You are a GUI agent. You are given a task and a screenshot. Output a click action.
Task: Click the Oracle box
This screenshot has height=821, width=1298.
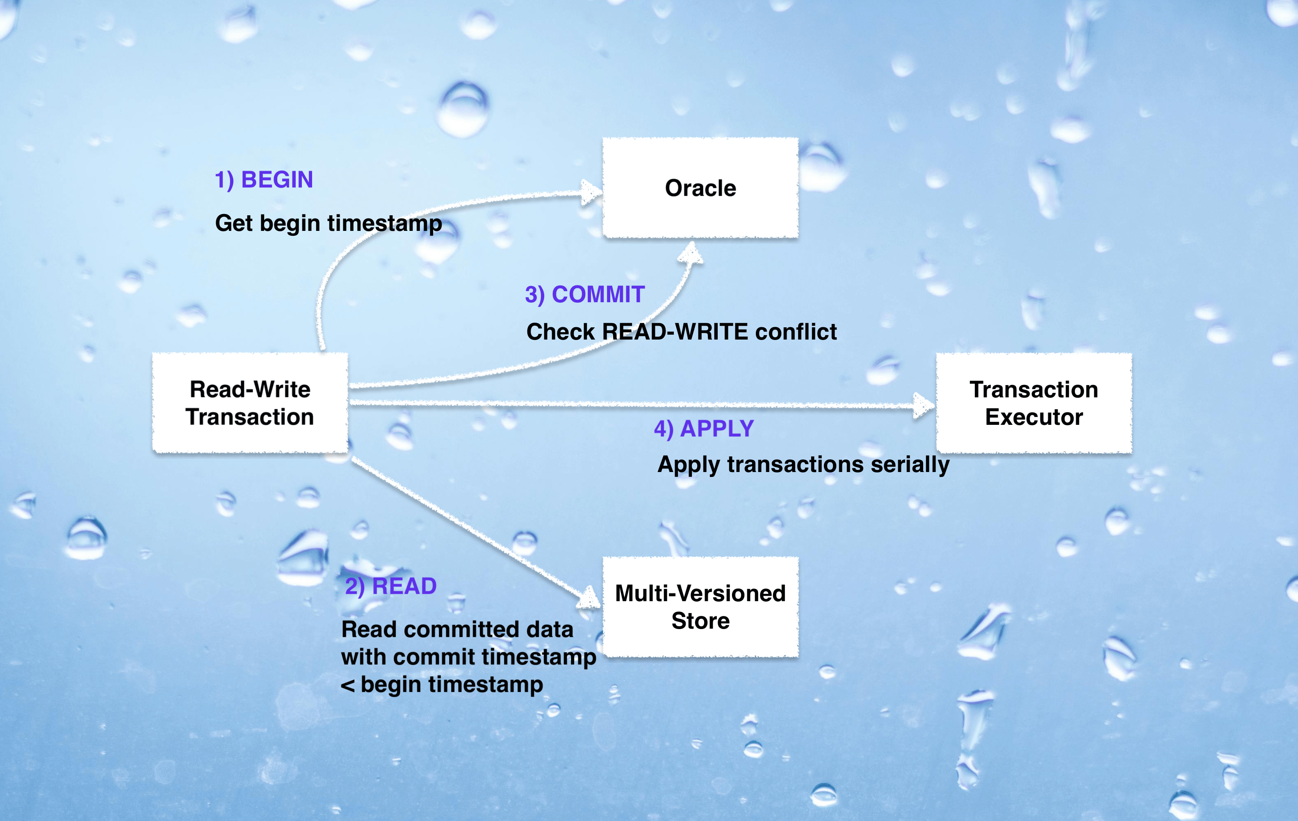700,187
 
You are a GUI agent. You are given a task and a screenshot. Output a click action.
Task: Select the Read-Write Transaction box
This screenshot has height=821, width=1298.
250,403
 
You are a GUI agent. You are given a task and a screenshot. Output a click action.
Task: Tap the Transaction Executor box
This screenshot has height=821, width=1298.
1033,403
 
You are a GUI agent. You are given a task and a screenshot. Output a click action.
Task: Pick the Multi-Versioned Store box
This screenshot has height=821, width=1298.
700,607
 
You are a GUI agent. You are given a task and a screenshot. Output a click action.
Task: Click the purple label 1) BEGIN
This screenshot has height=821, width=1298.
264,180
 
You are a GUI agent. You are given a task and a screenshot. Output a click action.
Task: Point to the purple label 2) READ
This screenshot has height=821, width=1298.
390,586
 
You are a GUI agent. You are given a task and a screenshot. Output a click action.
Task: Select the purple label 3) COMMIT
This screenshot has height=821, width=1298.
584,294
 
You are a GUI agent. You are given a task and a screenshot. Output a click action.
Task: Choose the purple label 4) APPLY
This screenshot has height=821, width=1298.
703,429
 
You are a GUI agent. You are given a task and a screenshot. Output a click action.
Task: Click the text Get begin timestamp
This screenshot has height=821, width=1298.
328,223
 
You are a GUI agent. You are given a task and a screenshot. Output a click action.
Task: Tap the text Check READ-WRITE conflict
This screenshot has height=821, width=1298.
681,331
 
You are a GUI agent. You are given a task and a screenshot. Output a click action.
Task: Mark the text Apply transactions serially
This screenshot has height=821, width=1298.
803,465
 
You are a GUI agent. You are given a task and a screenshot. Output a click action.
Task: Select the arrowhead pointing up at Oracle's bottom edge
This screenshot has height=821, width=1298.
691,252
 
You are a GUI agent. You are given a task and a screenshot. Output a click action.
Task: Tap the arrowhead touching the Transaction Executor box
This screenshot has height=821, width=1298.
924,406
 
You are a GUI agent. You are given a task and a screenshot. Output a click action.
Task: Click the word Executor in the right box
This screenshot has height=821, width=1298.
1033,417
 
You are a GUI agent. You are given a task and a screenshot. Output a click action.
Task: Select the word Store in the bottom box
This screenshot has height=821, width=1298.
700,621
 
